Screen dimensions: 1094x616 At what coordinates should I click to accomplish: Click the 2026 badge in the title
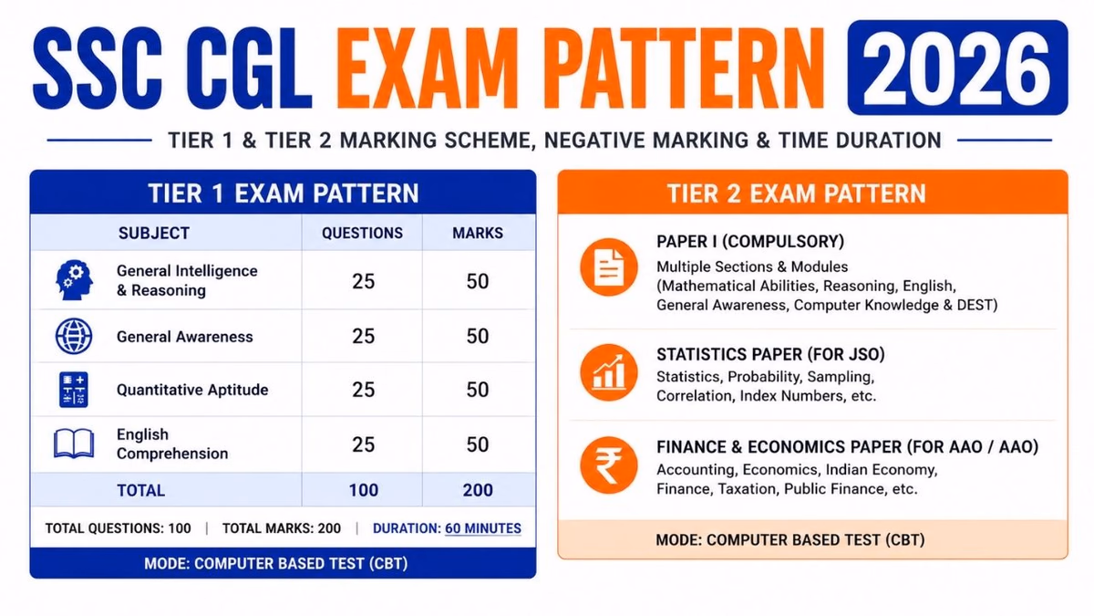coord(957,68)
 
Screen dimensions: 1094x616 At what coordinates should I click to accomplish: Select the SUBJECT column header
coord(154,234)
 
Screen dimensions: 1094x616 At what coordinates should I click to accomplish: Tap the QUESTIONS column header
coord(363,234)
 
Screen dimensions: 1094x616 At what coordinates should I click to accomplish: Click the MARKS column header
coord(478,234)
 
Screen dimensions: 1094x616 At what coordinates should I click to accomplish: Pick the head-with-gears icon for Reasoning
coord(74,279)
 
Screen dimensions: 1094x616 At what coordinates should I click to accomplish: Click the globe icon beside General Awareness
coord(74,337)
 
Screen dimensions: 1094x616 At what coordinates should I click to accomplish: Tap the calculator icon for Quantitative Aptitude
coord(74,390)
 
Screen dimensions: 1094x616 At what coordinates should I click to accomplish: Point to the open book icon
coord(74,444)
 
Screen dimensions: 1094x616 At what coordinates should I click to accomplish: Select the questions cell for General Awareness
coord(364,337)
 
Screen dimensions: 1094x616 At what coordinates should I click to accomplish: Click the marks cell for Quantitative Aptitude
coord(478,390)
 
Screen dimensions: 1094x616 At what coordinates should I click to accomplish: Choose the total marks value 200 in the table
coord(478,490)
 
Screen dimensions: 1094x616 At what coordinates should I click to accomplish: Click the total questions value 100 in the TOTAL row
coord(364,490)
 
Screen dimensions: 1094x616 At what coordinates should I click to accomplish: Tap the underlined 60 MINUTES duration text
coord(483,528)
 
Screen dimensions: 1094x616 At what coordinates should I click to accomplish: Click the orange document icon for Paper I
coord(609,267)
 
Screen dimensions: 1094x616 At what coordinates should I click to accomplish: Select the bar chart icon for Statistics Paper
coord(609,372)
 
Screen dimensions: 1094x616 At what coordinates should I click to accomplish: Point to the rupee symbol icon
coord(609,465)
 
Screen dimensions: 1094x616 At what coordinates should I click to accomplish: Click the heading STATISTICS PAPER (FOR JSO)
coord(770,354)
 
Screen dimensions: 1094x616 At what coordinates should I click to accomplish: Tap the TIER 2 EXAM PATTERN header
coord(797,193)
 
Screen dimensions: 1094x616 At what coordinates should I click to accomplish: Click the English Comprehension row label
coord(172,444)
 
